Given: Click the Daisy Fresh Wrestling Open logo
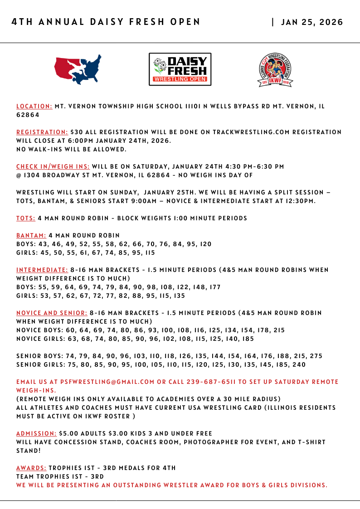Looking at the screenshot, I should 180,69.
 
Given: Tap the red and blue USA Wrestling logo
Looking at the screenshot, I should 78,69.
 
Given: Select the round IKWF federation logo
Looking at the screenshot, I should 275,70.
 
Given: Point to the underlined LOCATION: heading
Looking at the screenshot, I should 34,107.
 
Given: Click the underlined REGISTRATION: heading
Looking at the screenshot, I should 42,132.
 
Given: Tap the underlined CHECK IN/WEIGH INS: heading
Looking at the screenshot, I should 53,167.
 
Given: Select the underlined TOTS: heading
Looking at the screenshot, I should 26,218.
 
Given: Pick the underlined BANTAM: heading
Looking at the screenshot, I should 31,236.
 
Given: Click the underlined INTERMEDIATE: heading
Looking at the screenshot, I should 42,270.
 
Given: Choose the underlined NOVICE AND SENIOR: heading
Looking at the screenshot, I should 52,313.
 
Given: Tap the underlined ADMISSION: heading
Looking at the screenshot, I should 37,434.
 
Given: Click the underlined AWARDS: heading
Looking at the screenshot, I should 31,468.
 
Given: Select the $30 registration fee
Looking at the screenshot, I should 77,132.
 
